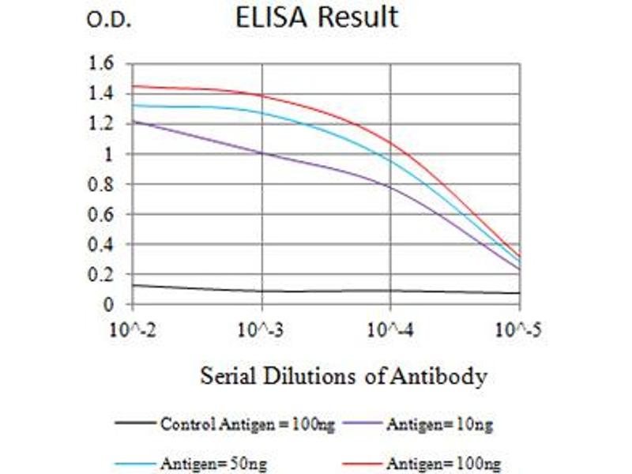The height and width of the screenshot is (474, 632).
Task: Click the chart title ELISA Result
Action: pyautogui.click(x=317, y=17)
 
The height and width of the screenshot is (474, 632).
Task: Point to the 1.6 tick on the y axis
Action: pyautogui.click(x=103, y=63)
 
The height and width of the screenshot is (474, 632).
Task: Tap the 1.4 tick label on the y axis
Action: pyautogui.click(x=103, y=93)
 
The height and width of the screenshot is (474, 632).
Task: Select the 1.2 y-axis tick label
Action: pyautogui.click(x=103, y=124)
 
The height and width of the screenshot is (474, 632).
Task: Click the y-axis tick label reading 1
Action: pyautogui.click(x=110, y=154)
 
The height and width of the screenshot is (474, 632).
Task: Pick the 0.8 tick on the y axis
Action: pyautogui.click(x=103, y=184)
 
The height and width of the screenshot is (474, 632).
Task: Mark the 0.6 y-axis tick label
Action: pyautogui.click(x=103, y=214)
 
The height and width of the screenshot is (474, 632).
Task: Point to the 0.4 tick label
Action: pyautogui.click(x=103, y=244)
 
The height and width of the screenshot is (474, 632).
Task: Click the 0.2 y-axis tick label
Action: pyautogui.click(x=103, y=274)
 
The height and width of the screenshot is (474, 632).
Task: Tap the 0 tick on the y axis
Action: pyautogui.click(x=110, y=304)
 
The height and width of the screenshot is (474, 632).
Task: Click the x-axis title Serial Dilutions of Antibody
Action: pyautogui.click(x=343, y=375)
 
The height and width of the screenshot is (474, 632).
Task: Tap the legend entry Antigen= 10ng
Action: pyautogui.click(x=439, y=425)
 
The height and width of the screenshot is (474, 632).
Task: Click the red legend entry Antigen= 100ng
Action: pyautogui.click(x=443, y=463)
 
